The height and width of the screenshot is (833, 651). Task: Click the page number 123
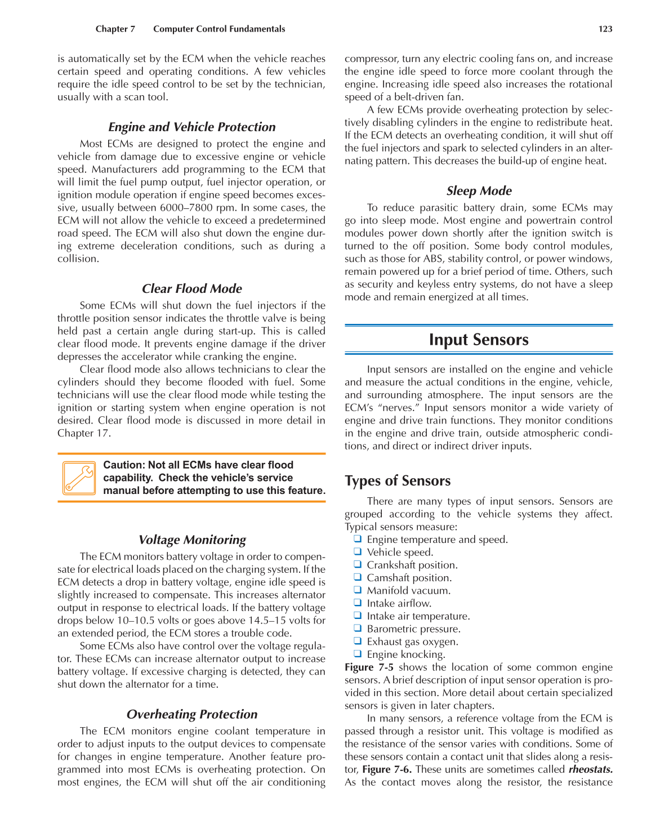click(605, 29)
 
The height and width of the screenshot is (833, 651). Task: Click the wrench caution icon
click(79, 478)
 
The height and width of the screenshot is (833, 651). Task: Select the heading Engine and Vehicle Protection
click(192, 127)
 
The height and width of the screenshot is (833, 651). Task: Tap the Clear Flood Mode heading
click(192, 289)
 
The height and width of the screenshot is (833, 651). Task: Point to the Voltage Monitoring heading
click(192, 540)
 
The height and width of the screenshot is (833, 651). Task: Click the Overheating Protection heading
click(192, 715)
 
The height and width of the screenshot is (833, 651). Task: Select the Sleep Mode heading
click(479, 191)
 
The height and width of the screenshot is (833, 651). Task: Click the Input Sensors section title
click(479, 340)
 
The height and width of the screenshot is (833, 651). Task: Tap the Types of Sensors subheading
click(398, 481)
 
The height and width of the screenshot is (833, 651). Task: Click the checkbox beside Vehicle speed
click(357, 552)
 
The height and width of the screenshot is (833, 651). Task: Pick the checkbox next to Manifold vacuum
click(357, 590)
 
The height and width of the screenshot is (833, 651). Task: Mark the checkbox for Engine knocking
click(357, 654)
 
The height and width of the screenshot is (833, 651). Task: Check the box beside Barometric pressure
click(357, 629)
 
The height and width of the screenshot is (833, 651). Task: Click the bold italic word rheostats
click(590, 769)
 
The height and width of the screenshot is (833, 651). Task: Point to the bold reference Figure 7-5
click(369, 667)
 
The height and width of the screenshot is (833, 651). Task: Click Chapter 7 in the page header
click(115, 29)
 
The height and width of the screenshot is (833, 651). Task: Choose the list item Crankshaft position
click(412, 565)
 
